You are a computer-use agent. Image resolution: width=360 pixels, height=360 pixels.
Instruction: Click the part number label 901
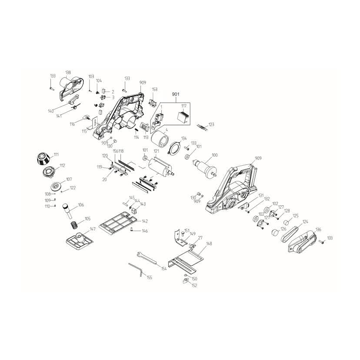175,94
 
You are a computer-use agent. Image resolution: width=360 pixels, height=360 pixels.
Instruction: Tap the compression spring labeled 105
73,224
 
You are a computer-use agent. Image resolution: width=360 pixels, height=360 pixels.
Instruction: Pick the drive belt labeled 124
290,234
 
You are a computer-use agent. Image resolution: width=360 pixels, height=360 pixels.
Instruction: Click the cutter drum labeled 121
161,167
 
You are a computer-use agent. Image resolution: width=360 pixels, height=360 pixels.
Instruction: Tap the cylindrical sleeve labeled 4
160,140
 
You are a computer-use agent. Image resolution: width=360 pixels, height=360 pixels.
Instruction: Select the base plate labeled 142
118,223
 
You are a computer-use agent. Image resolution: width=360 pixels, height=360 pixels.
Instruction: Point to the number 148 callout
209,243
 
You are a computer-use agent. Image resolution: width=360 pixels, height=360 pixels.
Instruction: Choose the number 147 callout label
93,229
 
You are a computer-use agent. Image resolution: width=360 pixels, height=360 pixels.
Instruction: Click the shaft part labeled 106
68,210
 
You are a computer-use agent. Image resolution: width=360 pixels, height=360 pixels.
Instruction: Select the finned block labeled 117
183,117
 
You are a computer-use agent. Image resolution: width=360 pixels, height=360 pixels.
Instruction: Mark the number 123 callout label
211,124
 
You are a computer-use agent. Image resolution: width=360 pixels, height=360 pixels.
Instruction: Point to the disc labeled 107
56,186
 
